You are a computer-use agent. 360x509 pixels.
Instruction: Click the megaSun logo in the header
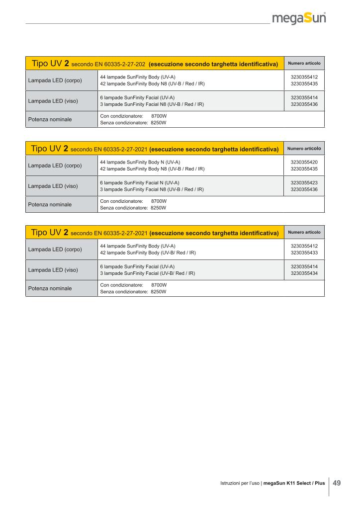tap(299, 19)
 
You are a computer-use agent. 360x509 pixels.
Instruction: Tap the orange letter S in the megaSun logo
tap(308, 19)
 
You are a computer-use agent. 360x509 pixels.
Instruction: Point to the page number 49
tap(337, 483)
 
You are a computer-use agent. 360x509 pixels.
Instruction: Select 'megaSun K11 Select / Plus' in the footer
tap(294, 483)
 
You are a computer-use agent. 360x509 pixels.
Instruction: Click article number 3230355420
tap(304, 162)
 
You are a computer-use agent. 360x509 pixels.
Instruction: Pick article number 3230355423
tap(304, 182)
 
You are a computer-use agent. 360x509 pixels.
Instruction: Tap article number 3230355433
tap(304, 253)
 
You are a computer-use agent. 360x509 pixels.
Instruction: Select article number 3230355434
tap(304, 273)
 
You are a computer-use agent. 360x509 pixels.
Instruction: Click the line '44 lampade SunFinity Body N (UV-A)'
tap(140, 162)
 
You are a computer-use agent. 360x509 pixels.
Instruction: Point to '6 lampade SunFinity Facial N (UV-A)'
tap(140, 182)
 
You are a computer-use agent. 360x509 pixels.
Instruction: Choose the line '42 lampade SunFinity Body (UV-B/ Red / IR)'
tap(148, 253)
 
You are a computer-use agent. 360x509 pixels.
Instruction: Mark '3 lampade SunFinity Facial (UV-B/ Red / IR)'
tap(147, 273)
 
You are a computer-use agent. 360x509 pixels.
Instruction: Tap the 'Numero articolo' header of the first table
tap(304, 64)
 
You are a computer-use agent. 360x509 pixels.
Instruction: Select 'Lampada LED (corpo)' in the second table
tap(55, 166)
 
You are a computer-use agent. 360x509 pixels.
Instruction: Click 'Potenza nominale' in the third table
tap(50, 288)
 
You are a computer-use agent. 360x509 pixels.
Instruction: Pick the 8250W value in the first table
tap(158, 122)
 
